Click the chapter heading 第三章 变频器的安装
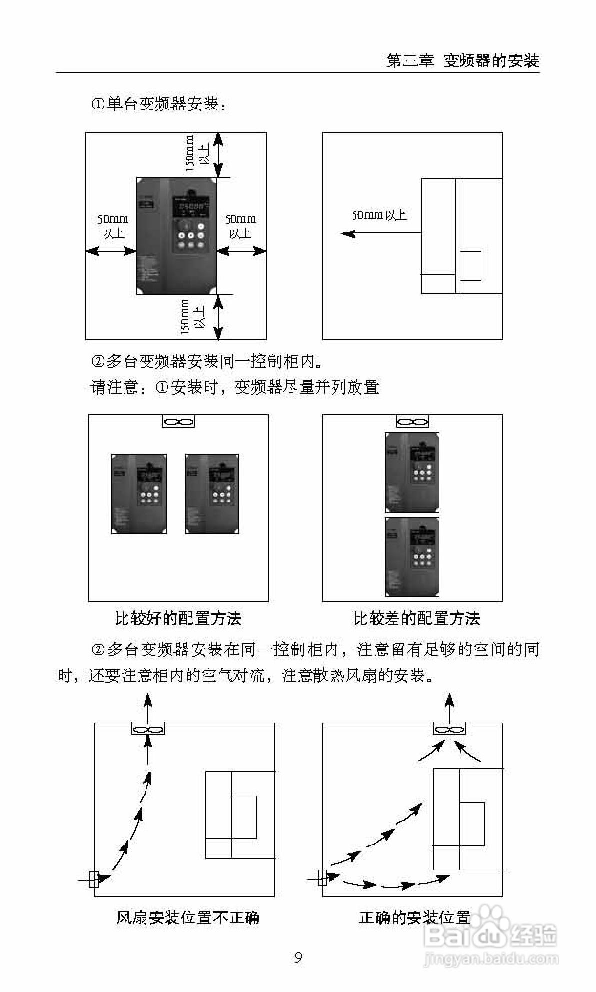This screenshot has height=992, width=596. (x=463, y=61)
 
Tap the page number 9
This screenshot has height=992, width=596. (x=298, y=958)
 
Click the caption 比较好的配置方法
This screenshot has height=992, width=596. (x=178, y=619)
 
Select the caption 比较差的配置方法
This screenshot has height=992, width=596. (x=416, y=619)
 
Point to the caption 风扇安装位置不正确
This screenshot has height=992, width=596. (x=187, y=918)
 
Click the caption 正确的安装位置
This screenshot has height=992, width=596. (x=414, y=918)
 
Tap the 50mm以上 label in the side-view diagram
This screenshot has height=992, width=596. (x=379, y=215)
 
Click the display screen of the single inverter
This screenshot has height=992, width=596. (x=189, y=207)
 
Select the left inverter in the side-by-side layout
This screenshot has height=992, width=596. (x=139, y=494)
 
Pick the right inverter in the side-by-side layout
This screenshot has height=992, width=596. (x=212, y=494)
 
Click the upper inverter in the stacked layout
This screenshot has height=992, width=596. (x=412, y=472)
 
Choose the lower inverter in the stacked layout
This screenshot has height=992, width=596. (x=412, y=556)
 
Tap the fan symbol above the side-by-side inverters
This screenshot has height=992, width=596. (x=178, y=422)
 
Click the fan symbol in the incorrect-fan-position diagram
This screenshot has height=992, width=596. (x=148, y=729)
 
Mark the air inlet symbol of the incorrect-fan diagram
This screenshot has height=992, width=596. (x=93, y=878)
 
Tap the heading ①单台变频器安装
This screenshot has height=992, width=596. (x=158, y=104)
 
